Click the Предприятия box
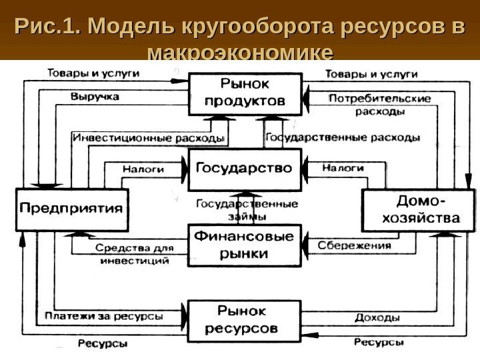pyautogui.click(x=72, y=208)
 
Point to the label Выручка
pyautogui.click(x=95, y=97)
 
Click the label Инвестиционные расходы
pyautogui.click(x=148, y=138)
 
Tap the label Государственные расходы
pyautogui.click(x=343, y=138)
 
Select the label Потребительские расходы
pyautogui.click(x=379, y=105)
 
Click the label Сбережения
pyautogui.click(x=353, y=245)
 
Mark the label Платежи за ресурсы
pyautogui.click(x=104, y=315)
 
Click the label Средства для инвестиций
pyautogui.click(x=134, y=255)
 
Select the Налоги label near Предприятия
pyautogui.click(x=143, y=170)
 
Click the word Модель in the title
pyautogui.click(x=126, y=27)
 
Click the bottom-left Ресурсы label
pyautogui.click(x=103, y=344)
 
